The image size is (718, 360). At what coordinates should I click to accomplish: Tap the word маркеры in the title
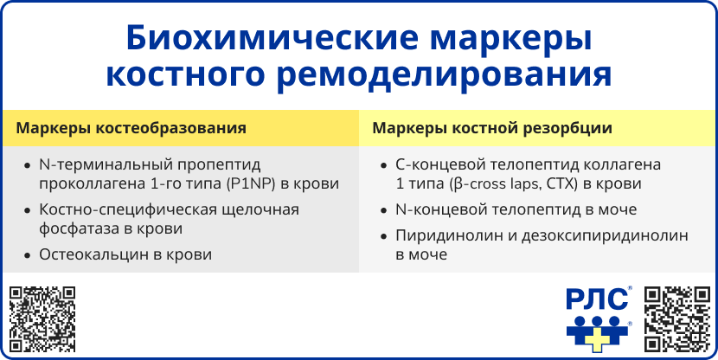pyautogui.click(x=512, y=39)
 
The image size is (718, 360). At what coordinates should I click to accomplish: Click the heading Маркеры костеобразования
pyautogui.click(x=131, y=128)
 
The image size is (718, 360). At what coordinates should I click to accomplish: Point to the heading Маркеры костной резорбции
pyautogui.click(x=492, y=128)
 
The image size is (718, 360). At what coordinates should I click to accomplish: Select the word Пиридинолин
pyautogui.click(x=443, y=235)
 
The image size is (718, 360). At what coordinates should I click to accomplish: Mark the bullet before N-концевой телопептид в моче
pyautogui.click(x=383, y=209)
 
